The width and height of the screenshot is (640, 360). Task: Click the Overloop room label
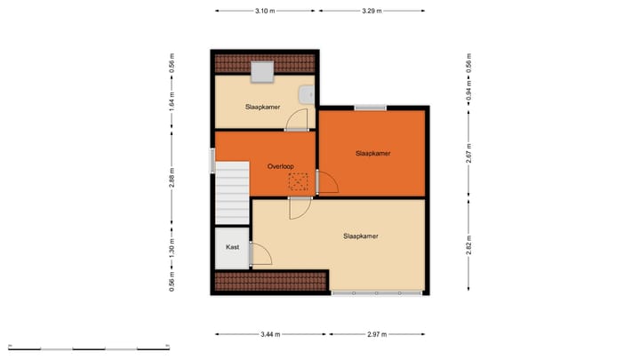coord(281,166)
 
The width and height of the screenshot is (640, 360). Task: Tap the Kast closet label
coord(232,247)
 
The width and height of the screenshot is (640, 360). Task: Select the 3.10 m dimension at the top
coord(264,11)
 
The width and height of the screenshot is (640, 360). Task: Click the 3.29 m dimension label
coord(372,11)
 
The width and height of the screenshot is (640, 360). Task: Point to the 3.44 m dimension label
coord(270,334)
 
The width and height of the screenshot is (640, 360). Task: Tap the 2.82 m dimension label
coord(468,242)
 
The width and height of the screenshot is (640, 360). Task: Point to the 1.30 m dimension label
coord(172,250)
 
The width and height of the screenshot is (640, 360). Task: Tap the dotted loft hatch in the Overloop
coord(298,181)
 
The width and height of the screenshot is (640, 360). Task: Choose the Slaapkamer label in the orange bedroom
coord(373,154)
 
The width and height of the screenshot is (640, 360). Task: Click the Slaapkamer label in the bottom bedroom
coord(362,236)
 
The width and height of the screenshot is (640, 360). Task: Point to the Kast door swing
coord(260,255)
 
